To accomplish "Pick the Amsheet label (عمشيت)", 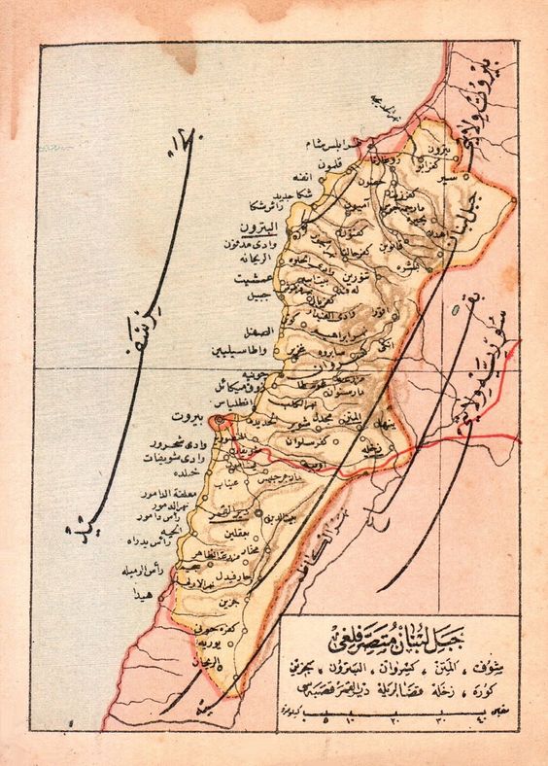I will click(255, 277).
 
